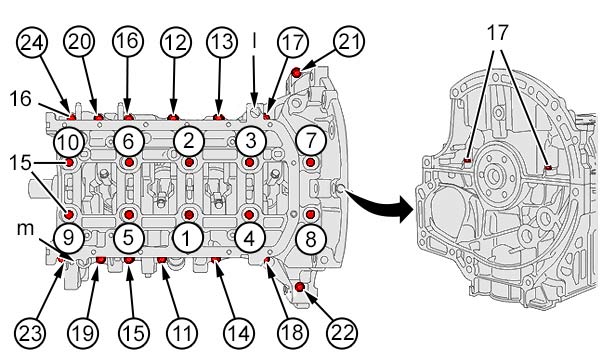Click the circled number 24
point(32,42)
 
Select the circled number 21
point(349,41)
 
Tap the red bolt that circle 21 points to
point(297,72)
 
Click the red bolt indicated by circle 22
point(300,287)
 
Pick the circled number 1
point(188,238)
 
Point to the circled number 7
point(311,140)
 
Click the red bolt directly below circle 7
point(311,162)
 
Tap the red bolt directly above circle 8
point(310,215)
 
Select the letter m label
point(25,229)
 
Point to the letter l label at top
point(254,40)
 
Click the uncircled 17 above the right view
point(497,33)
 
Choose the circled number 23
point(31,333)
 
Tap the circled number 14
point(239,333)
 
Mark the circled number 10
point(69,142)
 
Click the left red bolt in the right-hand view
point(468,160)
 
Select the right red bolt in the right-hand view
point(548,168)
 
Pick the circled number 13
point(222,42)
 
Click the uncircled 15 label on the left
point(20,162)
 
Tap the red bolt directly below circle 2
point(189,162)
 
